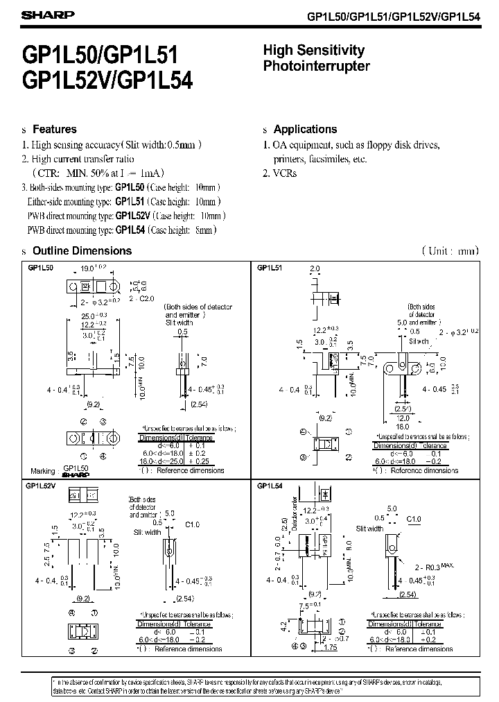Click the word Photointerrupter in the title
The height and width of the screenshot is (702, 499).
[x=316, y=67]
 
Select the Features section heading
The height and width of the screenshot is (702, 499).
[x=55, y=129]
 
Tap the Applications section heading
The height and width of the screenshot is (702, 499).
[x=305, y=129]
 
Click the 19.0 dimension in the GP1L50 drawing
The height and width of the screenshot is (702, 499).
[x=88, y=266]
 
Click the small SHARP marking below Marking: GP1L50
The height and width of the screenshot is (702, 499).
[x=76, y=476]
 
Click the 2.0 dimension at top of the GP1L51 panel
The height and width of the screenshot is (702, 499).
[x=315, y=268]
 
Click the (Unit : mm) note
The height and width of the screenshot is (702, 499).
[x=450, y=250]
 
